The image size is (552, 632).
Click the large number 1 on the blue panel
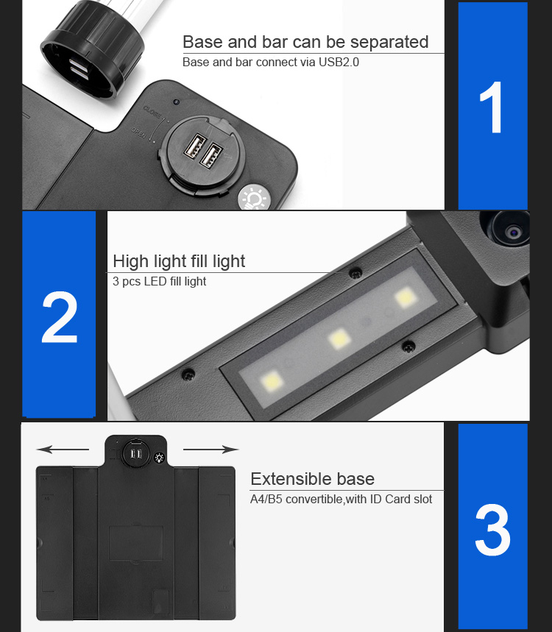(492, 107)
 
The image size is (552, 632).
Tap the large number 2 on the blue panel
(60, 317)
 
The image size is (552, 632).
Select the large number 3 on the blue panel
(492, 530)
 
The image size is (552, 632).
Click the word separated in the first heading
(389, 42)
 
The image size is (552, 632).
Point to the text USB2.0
(339, 62)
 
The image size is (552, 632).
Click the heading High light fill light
(179, 261)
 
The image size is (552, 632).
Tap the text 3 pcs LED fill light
(159, 281)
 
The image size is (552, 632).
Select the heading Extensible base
(313, 479)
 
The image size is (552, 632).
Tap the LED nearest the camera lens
(406, 298)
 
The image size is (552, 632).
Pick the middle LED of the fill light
(339, 338)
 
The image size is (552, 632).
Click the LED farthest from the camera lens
(272, 380)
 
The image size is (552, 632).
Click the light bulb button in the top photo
(254, 199)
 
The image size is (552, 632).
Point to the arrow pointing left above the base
(63, 449)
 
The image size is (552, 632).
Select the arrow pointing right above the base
(211, 449)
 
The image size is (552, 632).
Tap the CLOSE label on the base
(152, 112)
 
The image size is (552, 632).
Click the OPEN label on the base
(138, 132)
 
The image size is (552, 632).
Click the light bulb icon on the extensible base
(159, 458)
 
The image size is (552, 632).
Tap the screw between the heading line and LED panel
(355, 273)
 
